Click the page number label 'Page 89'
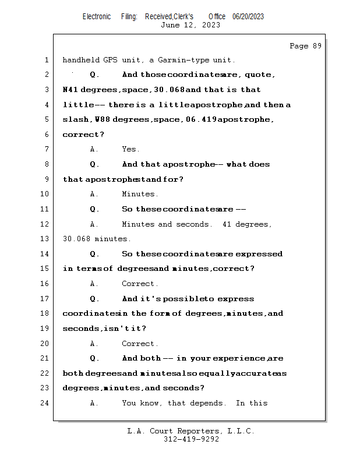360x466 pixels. (x=305, y=46)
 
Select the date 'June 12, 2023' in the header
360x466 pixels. (x=190, y=25)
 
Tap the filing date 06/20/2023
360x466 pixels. (x=248, y=16)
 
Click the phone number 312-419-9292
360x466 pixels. (x=191, y=439)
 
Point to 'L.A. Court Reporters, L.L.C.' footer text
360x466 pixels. (x=191, y=431)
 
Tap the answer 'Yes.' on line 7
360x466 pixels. (x=131, y=150)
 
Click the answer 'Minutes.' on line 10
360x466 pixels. (x=140, y=194)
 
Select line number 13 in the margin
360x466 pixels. (x=45, y=239)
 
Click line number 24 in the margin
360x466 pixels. (x=45, y=403)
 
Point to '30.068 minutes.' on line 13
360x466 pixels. (x=97, y=239)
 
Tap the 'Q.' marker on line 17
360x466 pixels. (x=95, y=299)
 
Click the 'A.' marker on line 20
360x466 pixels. (x=94, y=344)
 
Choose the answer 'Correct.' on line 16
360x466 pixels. (x=140, y=284)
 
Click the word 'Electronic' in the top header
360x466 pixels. (x=97, y=16)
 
